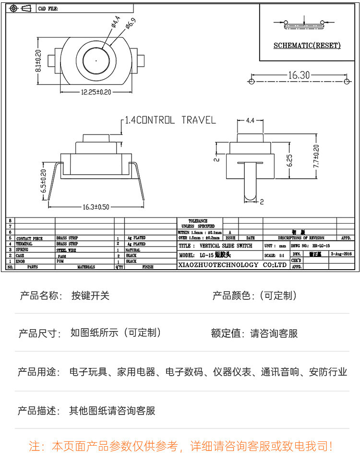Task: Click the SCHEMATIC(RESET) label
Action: pyautogui.click(x=307, y=46)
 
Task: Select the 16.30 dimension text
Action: pyautogui.click(x=299, y=75)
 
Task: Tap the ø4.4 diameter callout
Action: pyautogui.click(x=116, y=24)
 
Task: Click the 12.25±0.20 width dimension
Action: pyautogui.click(x=96, y=92)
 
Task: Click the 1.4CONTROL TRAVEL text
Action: pyautogui.click(x=170, y=120)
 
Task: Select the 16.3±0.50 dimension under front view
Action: pyautogui.click(x=96, y=207)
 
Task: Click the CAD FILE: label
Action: pyautogui.click(x=48, y=9)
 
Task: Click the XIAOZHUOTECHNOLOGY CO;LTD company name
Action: pyautogui.click(x=232, y=264)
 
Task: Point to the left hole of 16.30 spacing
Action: pyautogui.click(x=252, y=82)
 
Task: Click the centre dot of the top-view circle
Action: pyautogui.click(x=96, y=61)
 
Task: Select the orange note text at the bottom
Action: pyautogui.click(x=180, y=447)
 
